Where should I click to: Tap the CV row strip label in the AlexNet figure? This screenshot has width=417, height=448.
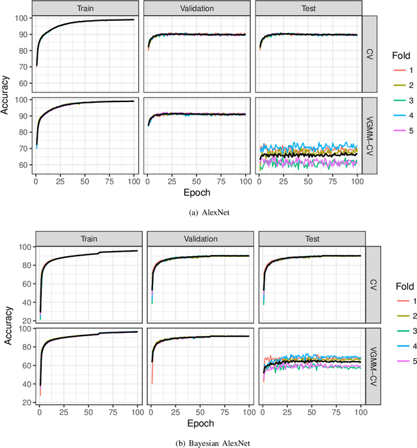tap(369, 54)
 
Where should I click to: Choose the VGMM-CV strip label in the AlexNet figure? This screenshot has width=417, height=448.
tap(369, 137)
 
